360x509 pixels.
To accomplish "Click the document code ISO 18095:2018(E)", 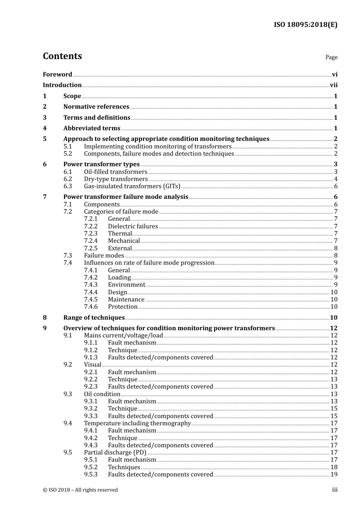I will tap(305, 25).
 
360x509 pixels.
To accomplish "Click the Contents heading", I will tap(62, 56).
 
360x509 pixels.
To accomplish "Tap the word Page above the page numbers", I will tap(331, 57).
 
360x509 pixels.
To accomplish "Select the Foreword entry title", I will tap(57, 75).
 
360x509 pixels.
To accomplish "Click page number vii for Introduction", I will tap(333, 85).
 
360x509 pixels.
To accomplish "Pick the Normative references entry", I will tap(96, 107).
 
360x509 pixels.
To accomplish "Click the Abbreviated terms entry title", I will tap(92, 128).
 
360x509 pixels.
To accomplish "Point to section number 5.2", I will tap(67, 154).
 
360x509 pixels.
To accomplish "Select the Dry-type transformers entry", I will tap(116, 179).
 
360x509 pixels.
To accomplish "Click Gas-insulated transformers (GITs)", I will tap(132, 186).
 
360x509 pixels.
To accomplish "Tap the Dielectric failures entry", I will tap(133, 226).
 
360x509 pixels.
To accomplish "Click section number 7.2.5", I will tap(91, 248).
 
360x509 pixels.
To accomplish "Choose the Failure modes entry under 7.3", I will tap(104, 256).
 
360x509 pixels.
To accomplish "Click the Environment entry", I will tap(126, 285).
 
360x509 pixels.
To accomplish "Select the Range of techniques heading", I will tap(94, 318).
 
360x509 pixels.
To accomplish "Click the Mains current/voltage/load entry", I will tap(123, 336).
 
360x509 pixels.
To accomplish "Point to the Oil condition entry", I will tap(102, 394).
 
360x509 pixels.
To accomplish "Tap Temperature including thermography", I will tap(137, 423).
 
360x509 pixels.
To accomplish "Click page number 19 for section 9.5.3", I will tap(333, 475).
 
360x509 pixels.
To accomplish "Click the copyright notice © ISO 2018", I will tap(80, 490).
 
